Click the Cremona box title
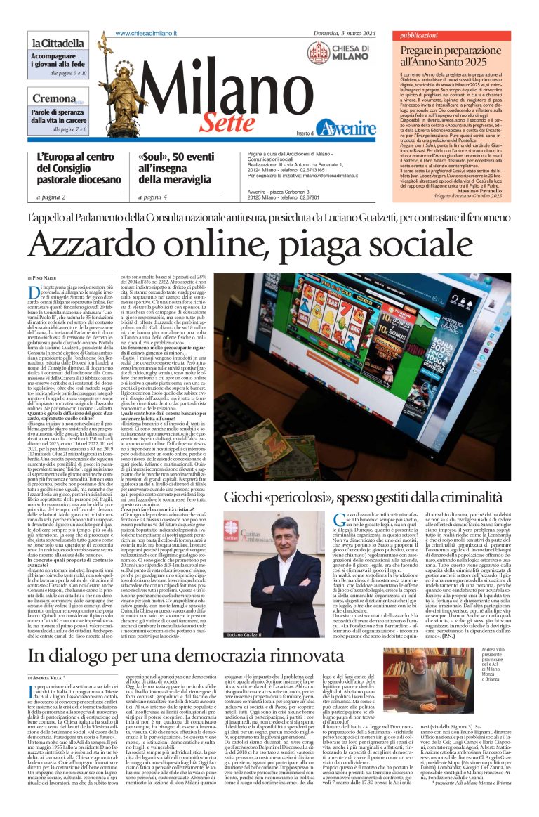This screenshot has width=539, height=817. click(x=53, y=98)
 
